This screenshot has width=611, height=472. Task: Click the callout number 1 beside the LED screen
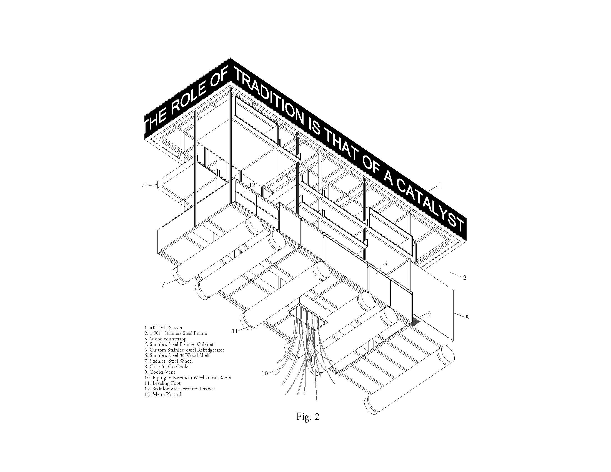coord(440,186)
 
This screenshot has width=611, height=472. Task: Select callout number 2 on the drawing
coord(465,278)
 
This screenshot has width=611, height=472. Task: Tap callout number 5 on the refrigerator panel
coord(385,264)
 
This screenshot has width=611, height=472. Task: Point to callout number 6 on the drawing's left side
coord(144,186)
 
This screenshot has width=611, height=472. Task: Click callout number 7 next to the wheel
coord(163,284)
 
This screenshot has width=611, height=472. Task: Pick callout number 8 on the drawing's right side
coord(467,317)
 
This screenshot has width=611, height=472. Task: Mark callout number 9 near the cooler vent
coord(429,314)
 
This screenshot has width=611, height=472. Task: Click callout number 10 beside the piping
coord(265,373)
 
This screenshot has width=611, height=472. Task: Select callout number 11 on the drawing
coord(235,331)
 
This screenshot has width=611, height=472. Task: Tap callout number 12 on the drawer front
coord(252,185)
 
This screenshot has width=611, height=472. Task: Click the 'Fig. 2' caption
coord(308,417)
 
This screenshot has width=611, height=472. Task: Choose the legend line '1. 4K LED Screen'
coord(163,328)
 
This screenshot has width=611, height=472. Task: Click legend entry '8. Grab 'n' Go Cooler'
coord(167,366)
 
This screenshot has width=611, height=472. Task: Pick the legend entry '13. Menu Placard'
coord(163,394)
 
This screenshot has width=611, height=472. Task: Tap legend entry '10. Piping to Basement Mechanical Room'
coord(188,378)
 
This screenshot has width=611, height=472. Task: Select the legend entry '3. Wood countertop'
coord(165,339)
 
